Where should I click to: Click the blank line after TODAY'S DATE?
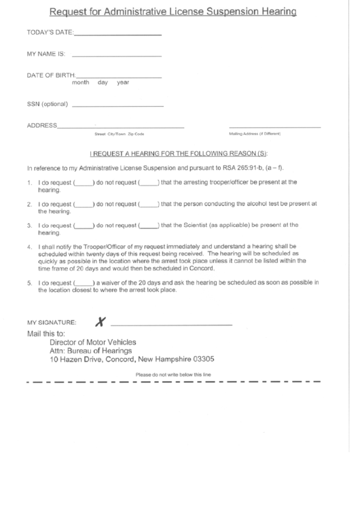click(x=118, y=33)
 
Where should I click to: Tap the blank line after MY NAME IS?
click(x=116, y=54)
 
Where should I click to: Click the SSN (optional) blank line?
click(x=117, y=106)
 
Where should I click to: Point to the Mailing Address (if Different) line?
click(x=274, y=127)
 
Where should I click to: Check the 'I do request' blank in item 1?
click(x=83, y=183)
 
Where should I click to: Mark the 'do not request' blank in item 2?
click(x=148, y=204)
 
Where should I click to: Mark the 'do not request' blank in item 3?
click(x=148, y=225)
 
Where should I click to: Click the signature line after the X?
click(x=171, y=324)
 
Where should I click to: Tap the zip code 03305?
click(x=204, y=359)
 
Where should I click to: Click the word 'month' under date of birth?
click(x=81, y=82)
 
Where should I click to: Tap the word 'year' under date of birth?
click(x=123, y=82)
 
